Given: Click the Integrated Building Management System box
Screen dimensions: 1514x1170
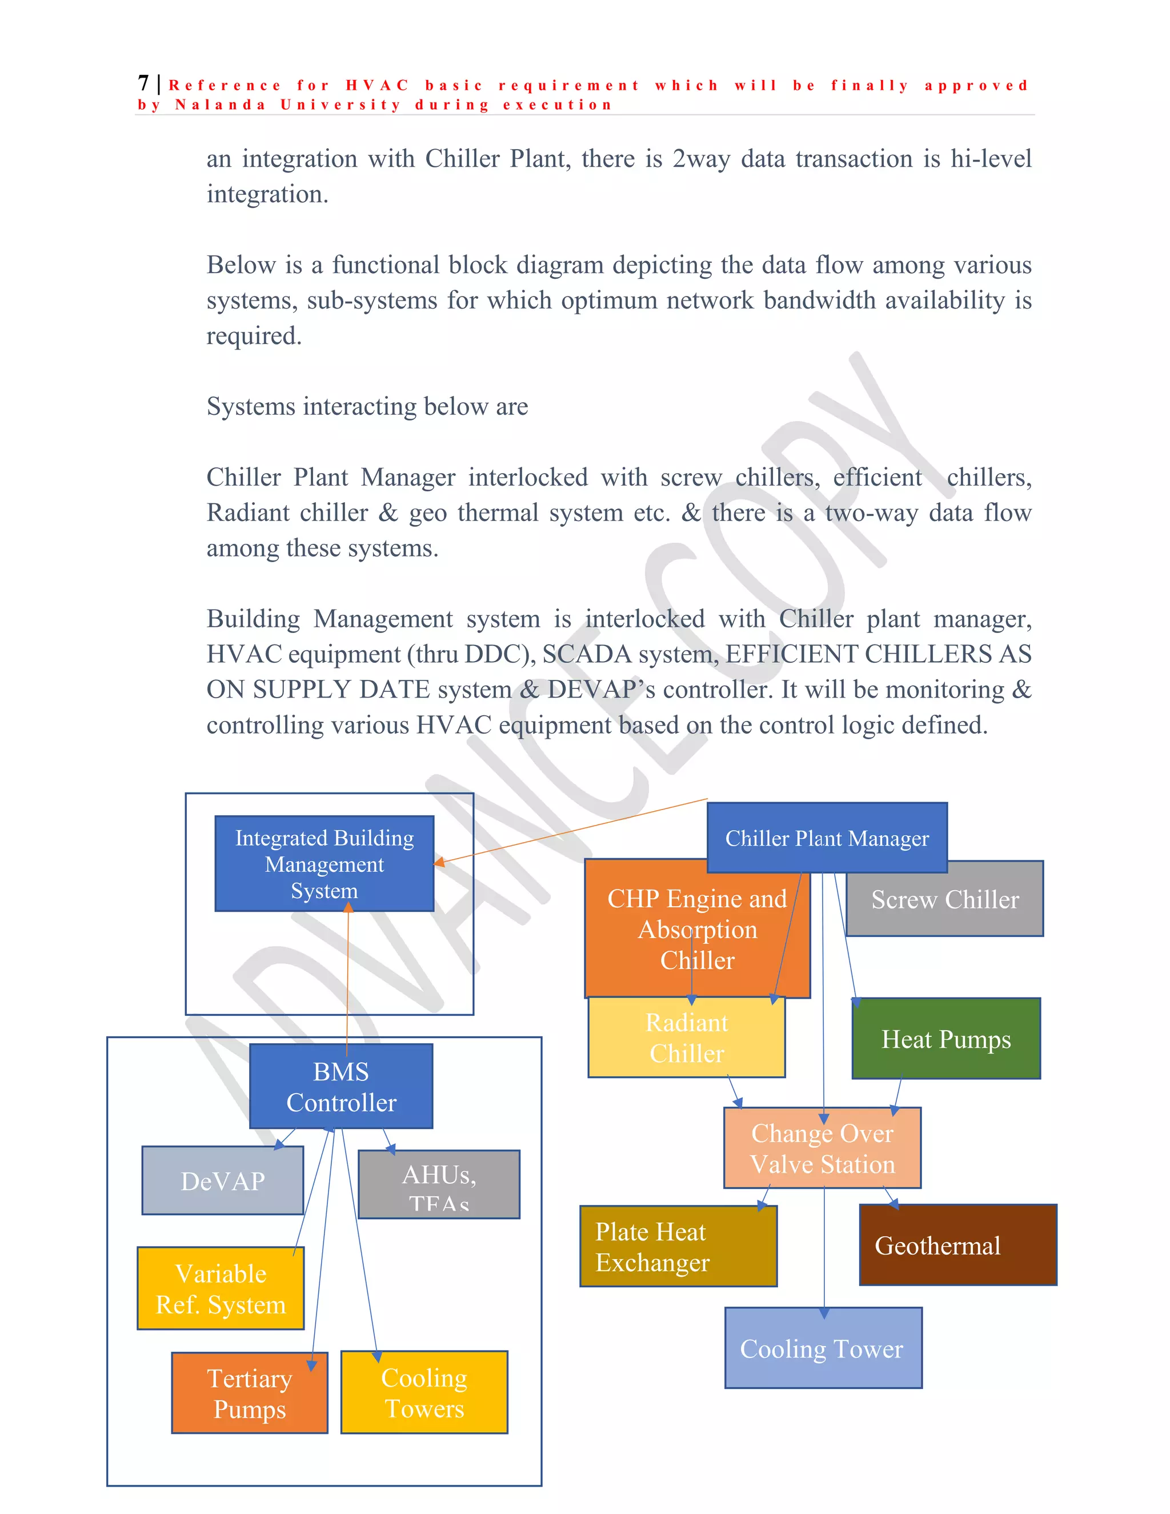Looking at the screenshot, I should click(324, 863).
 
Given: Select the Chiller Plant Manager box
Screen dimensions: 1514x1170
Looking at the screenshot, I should click(826, 838).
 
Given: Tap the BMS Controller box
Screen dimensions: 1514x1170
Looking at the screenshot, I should click(341, 1086).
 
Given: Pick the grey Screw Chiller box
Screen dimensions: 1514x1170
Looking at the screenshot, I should click(945, 899).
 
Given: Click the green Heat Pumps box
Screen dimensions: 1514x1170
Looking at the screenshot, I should click(946, 1039).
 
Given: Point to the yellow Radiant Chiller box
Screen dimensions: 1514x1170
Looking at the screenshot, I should click(686, 1038).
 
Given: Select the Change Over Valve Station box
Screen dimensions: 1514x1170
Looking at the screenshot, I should click(822, 1148).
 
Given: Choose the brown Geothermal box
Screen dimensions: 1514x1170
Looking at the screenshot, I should click(958, 1245).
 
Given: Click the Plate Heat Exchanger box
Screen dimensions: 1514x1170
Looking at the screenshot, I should click(678, 1247).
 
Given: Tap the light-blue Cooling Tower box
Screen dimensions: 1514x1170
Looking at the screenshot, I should click(823, 1348).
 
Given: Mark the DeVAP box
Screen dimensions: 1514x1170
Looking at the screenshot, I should click(222, 1180).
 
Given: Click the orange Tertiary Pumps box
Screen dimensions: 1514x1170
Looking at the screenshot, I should click(250, 1393).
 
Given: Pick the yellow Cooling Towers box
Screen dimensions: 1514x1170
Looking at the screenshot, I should click(424, 1393).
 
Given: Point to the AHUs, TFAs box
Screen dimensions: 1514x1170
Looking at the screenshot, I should click(439, 1184).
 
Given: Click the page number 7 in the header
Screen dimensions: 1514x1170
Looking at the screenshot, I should click(143, 83).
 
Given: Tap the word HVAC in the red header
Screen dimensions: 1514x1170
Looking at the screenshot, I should click(377, 85).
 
